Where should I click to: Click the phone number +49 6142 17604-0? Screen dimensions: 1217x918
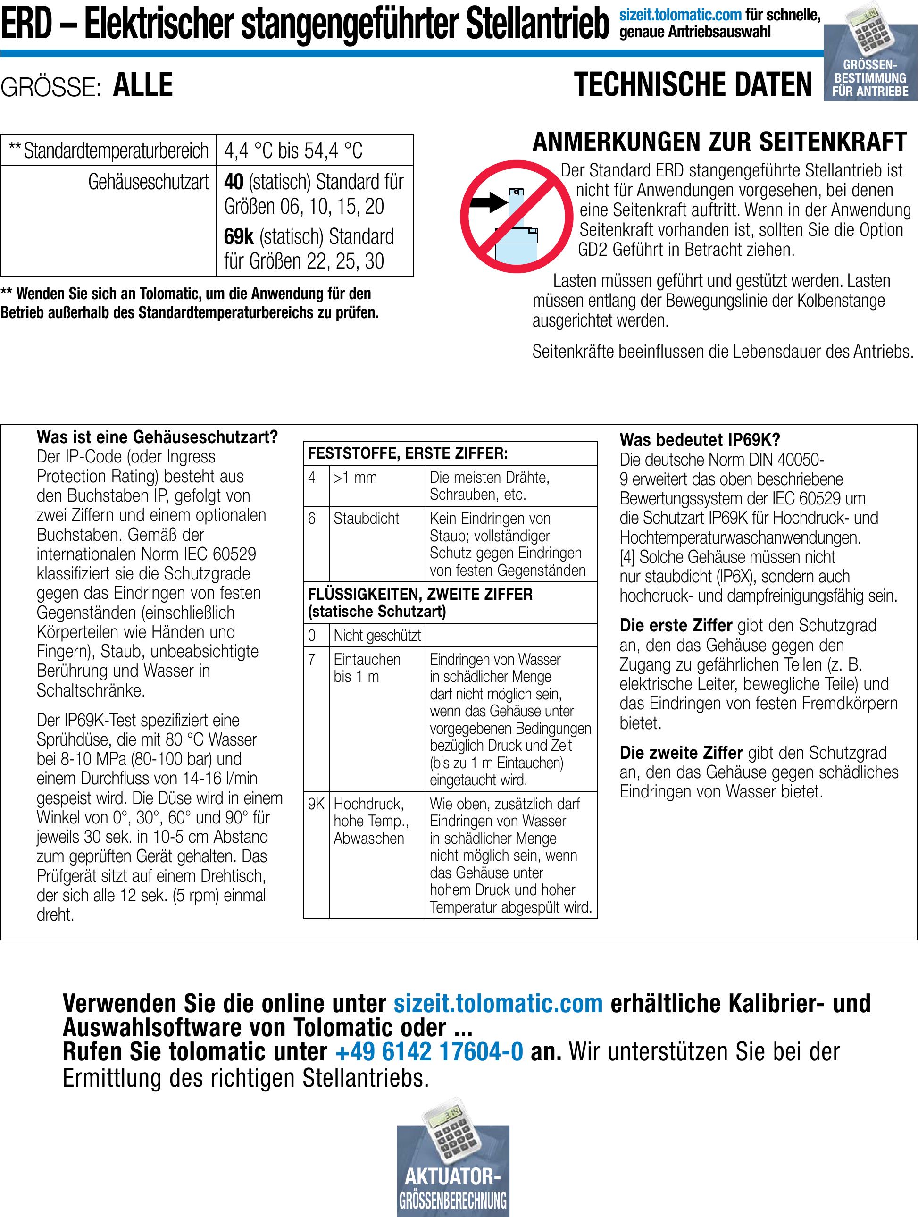(x=429, y=1051)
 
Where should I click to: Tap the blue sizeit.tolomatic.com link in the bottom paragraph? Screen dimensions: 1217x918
(x=498, y=1003)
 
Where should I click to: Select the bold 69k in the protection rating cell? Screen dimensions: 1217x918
(x=239, y=236)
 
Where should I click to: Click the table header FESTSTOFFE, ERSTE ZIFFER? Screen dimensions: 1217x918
(x=407, y=454)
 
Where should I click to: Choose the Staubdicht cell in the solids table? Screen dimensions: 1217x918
(x=367, y=518)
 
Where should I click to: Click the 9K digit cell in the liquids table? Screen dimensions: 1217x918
(x=316, y=805)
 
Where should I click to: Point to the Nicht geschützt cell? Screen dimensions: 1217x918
(x=377, y=636)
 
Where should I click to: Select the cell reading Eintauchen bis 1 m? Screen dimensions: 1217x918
(x=367, y=668)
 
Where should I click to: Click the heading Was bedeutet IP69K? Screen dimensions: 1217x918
(x=700, y=440)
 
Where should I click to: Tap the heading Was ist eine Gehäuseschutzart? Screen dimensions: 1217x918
(x=157, y=437)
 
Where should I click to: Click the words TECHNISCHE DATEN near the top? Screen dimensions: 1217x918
(x=693, y=85)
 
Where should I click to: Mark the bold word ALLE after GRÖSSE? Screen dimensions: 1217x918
(x=142, y=85)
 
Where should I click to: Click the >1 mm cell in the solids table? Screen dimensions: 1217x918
(x=355, y=478)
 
